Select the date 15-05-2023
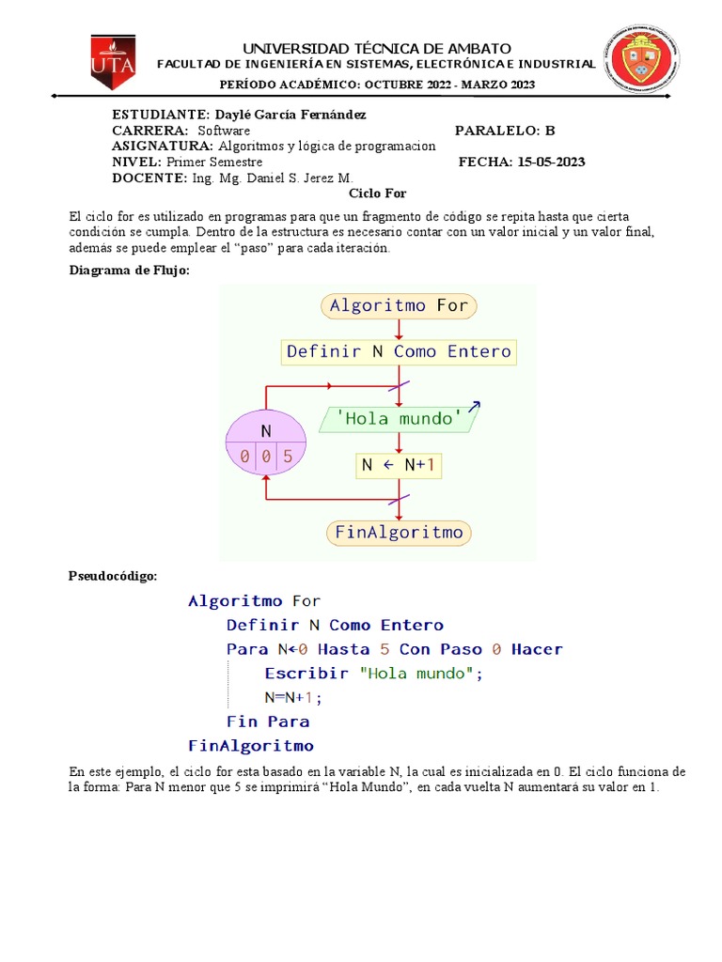click(x=550, y=162)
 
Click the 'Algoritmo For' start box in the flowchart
click(x=400, y=305)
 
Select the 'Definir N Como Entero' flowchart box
click(x=399, y=351)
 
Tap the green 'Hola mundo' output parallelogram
click(x=399, y=419)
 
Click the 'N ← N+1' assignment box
click(x=399, y=465)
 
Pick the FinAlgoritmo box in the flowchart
click(x=399, y=533)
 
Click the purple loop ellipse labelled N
click(x=266, y=443)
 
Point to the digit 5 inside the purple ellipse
click(x=288, y=458)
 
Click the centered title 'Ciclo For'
click(x=378, y=194)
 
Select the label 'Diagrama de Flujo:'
click(x=130, y=271)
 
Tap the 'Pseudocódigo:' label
click(x=113, y=575)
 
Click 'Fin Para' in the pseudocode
click(x=268, y=721)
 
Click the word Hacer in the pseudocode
click(x=537, y=649)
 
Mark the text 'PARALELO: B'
click(x=505, y=130)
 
